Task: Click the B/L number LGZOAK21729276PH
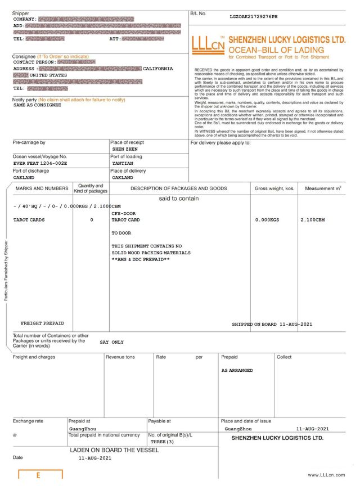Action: click(254, 16)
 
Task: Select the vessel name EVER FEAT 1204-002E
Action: click(40, 163)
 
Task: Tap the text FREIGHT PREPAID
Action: click(42, 323)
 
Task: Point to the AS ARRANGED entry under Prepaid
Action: click(237, 370)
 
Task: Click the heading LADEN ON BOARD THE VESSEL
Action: click(115, 451)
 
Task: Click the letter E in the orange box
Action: click(38, 476)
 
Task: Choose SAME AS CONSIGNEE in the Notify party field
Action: click(37, 105)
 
